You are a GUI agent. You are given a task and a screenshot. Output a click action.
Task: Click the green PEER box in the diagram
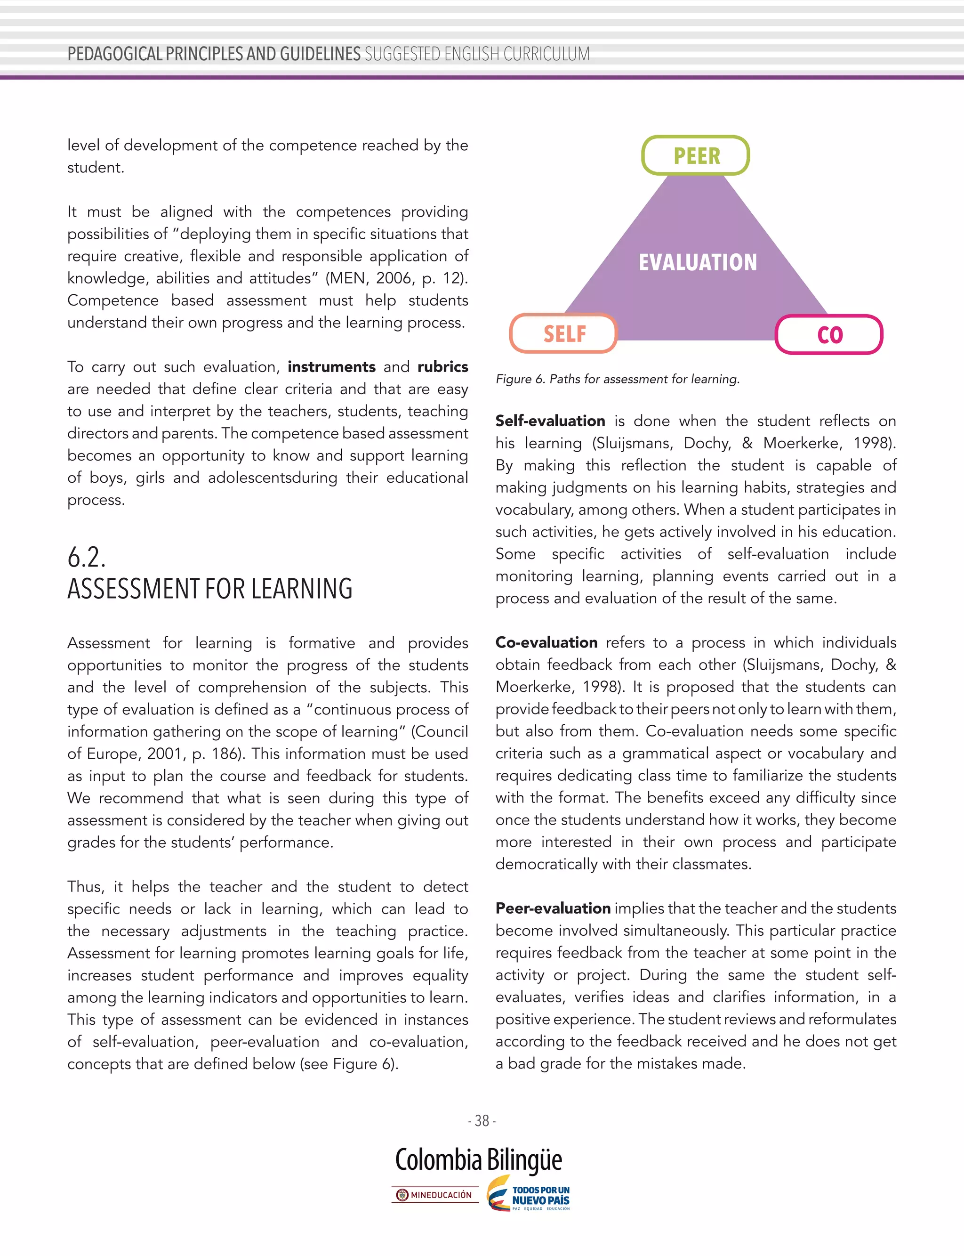pos(695,155)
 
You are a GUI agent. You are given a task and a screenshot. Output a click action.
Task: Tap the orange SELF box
pos(563,333)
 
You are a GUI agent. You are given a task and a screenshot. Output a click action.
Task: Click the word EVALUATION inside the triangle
pos(698,262)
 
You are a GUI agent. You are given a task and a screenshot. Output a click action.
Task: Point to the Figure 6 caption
pos(618,379)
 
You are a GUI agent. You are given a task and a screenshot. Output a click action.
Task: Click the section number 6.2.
pos(87,557)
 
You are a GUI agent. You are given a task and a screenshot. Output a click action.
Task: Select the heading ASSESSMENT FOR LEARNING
pos(210,589)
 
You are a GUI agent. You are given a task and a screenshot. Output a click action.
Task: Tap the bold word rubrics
pos(442,367)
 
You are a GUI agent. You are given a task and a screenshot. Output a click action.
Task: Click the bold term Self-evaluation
pos(550,421)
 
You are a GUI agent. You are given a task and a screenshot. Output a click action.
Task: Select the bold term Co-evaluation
pos(546,642)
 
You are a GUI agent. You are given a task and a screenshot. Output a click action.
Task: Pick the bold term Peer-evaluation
pos(553,908)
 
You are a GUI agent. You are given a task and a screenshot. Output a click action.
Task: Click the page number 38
pos(482,1120)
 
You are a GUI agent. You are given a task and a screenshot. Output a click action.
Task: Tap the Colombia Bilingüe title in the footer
pos(479,1160)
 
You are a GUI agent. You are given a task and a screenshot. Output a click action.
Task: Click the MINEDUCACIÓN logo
pos(435,1195)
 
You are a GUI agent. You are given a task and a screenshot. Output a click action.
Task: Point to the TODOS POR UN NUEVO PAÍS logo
pos(529,1193)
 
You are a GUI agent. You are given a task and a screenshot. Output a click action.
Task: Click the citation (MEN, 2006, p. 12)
pos(396,278)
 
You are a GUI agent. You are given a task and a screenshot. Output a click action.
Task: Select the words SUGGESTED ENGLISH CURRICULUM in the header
pos(477,54)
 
